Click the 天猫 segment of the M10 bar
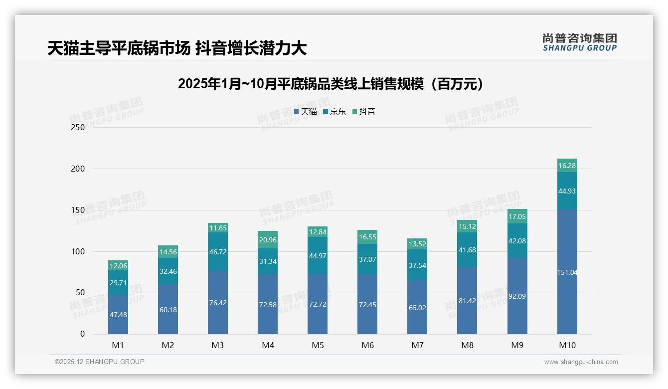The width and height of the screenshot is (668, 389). [567, 272]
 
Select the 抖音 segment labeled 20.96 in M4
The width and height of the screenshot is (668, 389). [268, 240]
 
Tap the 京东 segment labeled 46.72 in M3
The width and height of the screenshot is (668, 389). [218, 252]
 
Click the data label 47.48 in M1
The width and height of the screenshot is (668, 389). [118, 315]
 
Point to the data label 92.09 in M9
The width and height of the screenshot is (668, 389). [517, 296]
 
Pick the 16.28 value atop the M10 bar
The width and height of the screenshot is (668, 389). [567, 166]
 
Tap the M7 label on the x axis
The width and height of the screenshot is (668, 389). [417, 345]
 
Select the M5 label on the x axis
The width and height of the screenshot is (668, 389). [318, 345]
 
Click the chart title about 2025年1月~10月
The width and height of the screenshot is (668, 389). [331, 84]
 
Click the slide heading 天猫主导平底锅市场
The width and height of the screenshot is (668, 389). [176, 48]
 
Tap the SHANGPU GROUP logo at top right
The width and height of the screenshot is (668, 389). [579, 42]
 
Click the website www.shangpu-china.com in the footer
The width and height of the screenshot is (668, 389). [581, 362]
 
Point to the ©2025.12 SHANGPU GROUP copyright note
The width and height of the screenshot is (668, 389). [100, 362]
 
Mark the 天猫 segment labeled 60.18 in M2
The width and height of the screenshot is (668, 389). [168, 309]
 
